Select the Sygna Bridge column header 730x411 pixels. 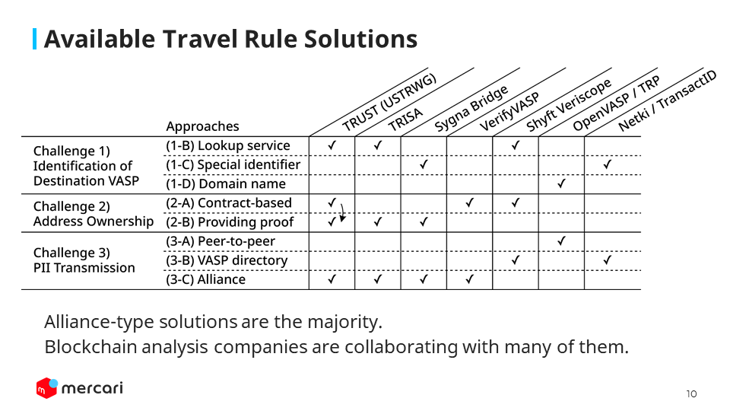point(471,109)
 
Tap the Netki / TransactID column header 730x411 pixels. point(667,100)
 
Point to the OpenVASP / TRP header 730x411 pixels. point(616,103)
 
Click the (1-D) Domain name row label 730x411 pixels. point(226,183)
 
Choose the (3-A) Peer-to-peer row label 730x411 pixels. point(221,241)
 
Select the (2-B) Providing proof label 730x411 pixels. point(230,221)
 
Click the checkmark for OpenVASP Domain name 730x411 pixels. point(561,183)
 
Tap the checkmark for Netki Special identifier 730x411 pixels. point(607,164)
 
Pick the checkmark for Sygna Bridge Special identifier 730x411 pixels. point(424,164)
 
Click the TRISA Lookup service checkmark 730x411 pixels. point(378,145)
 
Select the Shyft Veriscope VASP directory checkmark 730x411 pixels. point(516,260)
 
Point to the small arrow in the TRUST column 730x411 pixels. point(343,212)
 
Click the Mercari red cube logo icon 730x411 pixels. point(47,387)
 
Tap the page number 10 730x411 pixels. point(691,394)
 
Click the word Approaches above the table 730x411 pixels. point(202,126)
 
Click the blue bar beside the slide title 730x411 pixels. point(34,39)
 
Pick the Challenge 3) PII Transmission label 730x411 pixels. point(84,260)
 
